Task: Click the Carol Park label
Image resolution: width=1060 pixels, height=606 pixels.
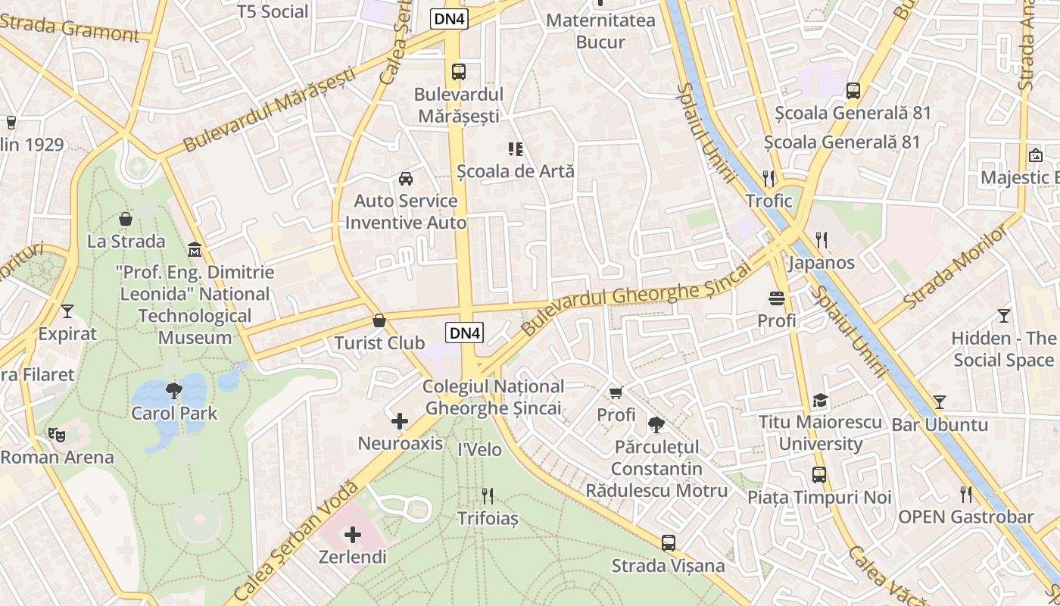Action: (174, 414)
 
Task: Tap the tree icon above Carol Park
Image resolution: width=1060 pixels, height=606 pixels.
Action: (174, 391)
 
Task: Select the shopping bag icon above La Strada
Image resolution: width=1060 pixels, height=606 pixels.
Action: (126, 219)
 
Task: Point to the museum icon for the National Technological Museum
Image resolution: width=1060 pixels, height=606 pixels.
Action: (195, 249)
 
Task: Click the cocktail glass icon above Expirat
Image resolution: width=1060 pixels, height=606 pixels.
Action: (67, 311)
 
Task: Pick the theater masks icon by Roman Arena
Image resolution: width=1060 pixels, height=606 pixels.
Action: (55, 435)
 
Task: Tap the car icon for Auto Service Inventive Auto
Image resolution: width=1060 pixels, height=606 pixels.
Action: (406, 179)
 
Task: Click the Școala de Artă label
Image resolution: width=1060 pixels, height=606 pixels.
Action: (516, 171)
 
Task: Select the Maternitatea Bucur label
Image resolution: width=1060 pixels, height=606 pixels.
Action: (600, 30)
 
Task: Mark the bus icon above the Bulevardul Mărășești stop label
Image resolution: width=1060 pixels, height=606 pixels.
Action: (459, 72)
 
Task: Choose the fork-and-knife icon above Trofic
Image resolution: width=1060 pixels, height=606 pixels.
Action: (768, 179)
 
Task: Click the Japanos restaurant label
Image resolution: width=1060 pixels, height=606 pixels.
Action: (821, 263)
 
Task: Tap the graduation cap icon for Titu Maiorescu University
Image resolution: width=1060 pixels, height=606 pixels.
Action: (820, 400)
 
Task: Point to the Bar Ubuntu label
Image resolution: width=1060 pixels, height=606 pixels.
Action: (940, 424)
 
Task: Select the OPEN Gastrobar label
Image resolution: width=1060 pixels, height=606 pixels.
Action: (965, 517)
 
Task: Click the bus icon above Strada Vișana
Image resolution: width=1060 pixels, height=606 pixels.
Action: (668, 542)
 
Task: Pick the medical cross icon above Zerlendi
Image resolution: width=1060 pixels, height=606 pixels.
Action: (352, 535)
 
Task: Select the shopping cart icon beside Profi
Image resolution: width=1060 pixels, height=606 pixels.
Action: (616, 392)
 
